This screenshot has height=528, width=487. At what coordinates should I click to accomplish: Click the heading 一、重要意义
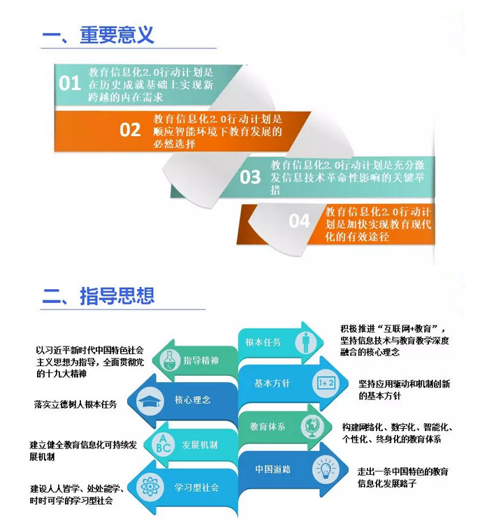(x=98, y=35)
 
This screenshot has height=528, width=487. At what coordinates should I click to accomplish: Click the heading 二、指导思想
(x=98, y=296)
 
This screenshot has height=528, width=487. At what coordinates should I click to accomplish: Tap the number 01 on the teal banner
(x=70, y=83)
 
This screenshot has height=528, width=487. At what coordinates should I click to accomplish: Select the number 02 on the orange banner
(x=130, y=130)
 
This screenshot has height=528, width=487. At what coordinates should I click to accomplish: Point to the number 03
(x=250, y=177)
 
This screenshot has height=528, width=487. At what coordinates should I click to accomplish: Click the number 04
(x=299, y=221)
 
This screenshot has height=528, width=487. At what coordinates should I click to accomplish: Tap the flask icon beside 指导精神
(x=168, y=360)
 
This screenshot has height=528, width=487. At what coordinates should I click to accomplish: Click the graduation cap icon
(x=150, y=401)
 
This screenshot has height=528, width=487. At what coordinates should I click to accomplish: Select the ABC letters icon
(x=163, y=443)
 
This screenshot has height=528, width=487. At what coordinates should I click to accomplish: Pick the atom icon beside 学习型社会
(x=150, y=487)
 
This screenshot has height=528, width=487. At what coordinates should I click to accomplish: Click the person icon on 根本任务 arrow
(x=305, y=342)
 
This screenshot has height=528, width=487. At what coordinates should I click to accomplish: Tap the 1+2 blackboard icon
(x=326, y=383)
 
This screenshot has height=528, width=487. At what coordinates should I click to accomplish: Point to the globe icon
(x=312, y=427)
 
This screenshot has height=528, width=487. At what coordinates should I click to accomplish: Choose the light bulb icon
(x=326, y=469)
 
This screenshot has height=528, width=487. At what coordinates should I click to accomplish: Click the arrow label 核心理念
(x=192, y=399)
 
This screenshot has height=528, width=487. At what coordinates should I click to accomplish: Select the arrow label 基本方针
(x=272, y=383)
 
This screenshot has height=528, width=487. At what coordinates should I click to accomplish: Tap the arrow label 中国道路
(x=272, y=469)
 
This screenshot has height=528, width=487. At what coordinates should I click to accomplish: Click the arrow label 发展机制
(x=200, y=445)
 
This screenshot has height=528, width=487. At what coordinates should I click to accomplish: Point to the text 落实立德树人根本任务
(x=75, y=404)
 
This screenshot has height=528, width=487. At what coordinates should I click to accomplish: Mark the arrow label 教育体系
(x=268, y=427)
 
